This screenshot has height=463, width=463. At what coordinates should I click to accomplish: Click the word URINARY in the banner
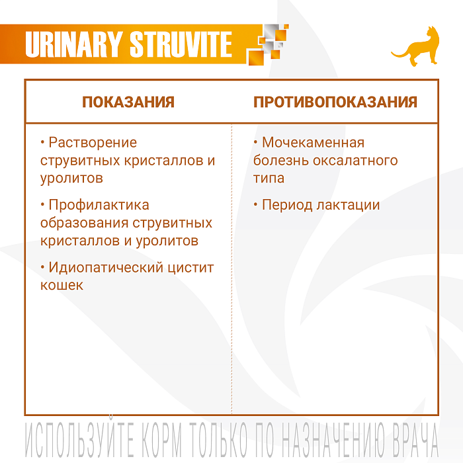pyautogui.click(x=73, y=44)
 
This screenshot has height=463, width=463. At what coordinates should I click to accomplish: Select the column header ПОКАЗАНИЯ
pyautogui.click(x=128, y=102)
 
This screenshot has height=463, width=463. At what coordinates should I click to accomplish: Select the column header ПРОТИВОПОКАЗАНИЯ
pyautogui.click(x=335, y=102)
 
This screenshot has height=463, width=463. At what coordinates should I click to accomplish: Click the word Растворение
pyautogui.click(x=93, y=142)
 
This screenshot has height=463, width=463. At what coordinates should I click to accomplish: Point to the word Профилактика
pyautogui.click(x=99, y=205)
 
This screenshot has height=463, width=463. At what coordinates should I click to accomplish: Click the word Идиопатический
pyautogui.click(x=108, y=267)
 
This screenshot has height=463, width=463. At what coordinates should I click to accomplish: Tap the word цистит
pyautogui.click(x=193, y=267)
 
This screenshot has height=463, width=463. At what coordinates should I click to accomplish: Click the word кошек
pyautogui.click(x=62, y=285)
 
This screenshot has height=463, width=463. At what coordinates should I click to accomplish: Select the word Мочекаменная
pyautogui.click(x=313, y=142)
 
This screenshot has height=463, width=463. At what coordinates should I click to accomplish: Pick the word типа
pyautogui.click(x=269, y=178)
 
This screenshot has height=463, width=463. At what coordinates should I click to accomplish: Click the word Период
pyautogui.click(x=284, y=205)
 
